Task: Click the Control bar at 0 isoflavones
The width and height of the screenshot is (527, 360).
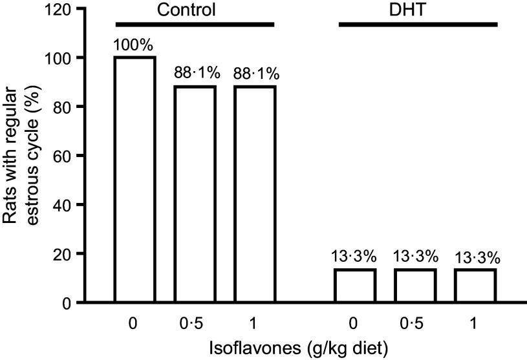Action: pyautogui.click(x=135, y=179)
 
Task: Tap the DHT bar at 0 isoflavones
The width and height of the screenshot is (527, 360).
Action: pyautogui.click(x=354, y=285)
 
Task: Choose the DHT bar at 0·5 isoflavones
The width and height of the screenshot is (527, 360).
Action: pyautogui.click(x=415, y=285)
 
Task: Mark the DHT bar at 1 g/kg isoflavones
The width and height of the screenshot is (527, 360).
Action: pyautogui.click(x=475, y=285)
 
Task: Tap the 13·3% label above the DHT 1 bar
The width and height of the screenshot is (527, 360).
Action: pyautogui.click(x=477, y=258)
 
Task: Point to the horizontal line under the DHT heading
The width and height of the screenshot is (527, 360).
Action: pyautogui.click(x=418, y=25)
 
